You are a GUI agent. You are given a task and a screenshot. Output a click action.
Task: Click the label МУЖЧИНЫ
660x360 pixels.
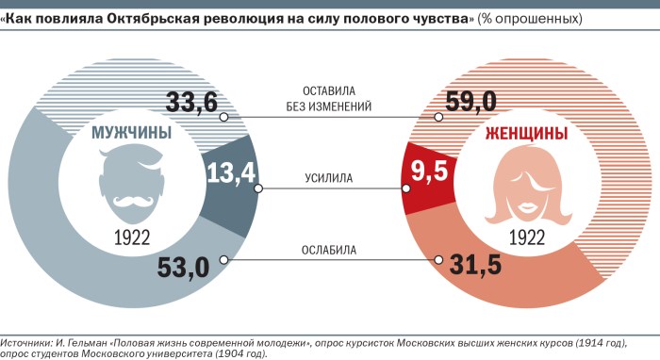coord(131,134)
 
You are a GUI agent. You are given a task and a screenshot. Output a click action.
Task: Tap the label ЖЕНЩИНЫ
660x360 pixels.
coord(525,134)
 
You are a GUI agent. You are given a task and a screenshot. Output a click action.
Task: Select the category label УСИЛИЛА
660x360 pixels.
coord(329,177)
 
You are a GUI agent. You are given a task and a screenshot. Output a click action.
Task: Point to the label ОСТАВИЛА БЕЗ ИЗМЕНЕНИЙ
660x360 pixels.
coord(329,99)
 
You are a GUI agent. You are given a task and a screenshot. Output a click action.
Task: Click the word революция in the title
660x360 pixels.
coord(239,18)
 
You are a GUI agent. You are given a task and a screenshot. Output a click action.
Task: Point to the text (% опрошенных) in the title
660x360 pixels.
coord(527,18)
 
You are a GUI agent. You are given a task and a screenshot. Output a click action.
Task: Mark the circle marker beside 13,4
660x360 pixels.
coord(257,188)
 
